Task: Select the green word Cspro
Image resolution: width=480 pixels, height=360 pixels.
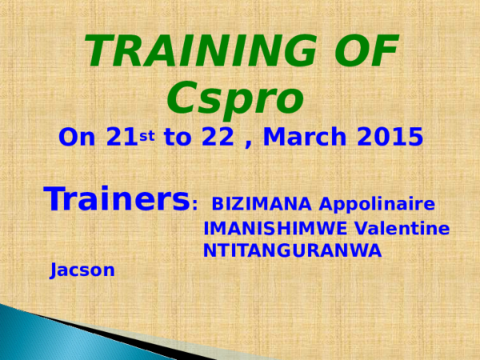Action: (236, 98)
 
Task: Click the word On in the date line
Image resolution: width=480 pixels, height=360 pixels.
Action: (78, 138)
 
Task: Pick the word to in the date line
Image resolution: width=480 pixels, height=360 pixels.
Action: (178, 138)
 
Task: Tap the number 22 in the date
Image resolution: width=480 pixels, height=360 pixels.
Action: (217, 138)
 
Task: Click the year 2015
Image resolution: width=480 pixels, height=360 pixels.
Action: (389, 138)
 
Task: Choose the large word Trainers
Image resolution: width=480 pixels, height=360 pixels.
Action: (116, 199)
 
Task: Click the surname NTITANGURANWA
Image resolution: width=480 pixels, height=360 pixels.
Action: (292, 250)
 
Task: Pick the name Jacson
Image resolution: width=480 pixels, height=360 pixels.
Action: (82, 270)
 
